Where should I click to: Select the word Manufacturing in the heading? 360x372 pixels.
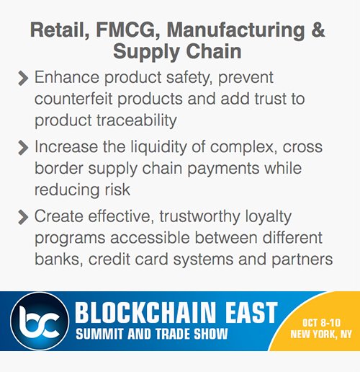click(x=236, y=31)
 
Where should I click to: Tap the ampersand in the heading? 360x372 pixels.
click(x=318, y=31)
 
